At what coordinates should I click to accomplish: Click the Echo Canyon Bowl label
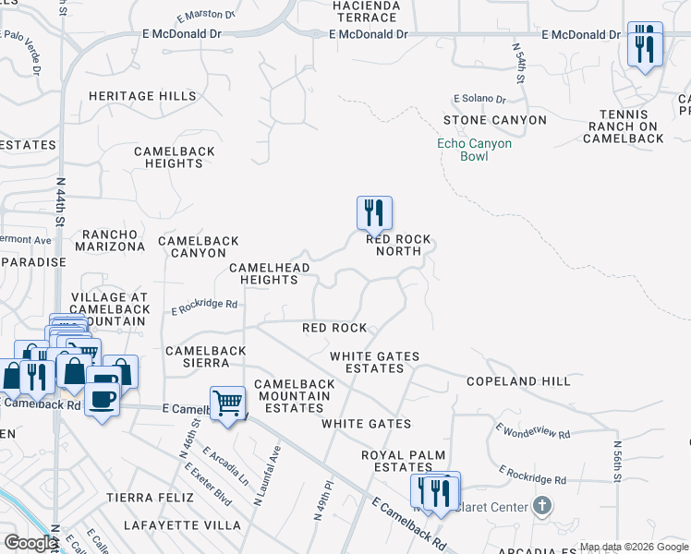[x=474, y=151]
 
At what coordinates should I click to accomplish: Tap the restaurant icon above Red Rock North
[x=374, y=213]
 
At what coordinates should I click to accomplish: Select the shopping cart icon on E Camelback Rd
[x=227, y=403]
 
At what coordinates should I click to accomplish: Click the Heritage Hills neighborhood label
[x=142, y=96]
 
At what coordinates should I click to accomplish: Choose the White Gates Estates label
[x=375, y=362]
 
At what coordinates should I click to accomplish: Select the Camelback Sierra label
[x=205, y=356]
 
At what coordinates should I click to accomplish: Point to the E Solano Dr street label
[x=479, y=99]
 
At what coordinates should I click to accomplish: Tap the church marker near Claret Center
[x=542, y=506]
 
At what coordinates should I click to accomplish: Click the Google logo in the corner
[x=30, y=543]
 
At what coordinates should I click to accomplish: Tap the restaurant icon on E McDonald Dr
[x=645, y=43]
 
